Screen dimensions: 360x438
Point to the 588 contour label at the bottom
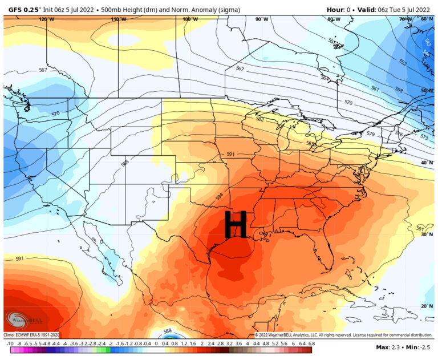click(x=167, y=330)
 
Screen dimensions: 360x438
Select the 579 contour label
click(x=370, y=134)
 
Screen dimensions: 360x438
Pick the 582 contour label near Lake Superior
click(x=260, y=119)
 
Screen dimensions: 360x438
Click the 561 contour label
click(x=375, y=88)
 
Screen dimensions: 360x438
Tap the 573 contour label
click(x=424, y=138)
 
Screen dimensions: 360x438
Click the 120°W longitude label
click(x=47, y=19)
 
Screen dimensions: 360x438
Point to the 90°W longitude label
click(x=262, y=19)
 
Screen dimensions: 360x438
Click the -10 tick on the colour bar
click(x=10, y=344)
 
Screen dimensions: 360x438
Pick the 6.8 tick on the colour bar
click(x=311, y=344)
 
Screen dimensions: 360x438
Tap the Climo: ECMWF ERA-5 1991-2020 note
click(x=31, y=335)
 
